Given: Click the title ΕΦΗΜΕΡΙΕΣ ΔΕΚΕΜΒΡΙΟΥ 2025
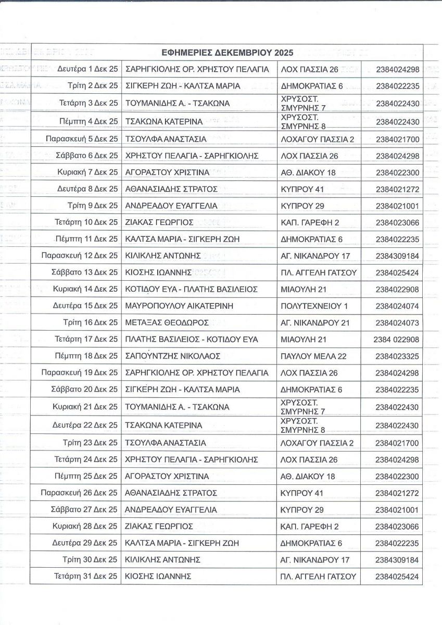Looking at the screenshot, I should pos(227,53).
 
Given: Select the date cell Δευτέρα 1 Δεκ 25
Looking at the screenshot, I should pos(87,69).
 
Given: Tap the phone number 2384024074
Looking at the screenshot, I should pos(397,306).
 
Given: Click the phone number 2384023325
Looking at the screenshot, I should pos(397,356).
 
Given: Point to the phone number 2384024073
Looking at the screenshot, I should pos(397,322).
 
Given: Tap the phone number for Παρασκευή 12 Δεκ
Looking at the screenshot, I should pos(397,256).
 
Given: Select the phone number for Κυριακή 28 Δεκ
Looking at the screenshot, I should pos(397,527).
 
